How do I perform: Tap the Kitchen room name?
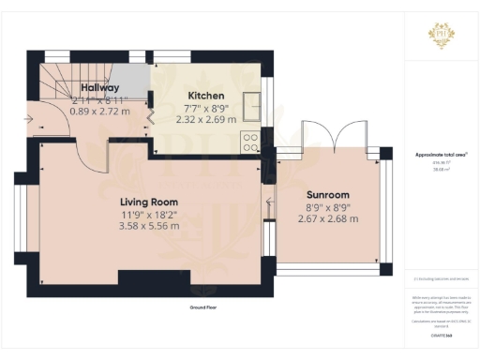pos(206,96)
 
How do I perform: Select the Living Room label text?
pos(149,202)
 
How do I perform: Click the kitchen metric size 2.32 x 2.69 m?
pos(206,119)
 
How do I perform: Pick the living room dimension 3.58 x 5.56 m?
pos(149,225)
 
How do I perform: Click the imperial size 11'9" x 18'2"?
pos(149,214)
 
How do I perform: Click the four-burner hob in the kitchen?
pos(251,142)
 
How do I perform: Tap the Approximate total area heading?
pos(440,154)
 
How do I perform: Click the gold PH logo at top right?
pos(440,30)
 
